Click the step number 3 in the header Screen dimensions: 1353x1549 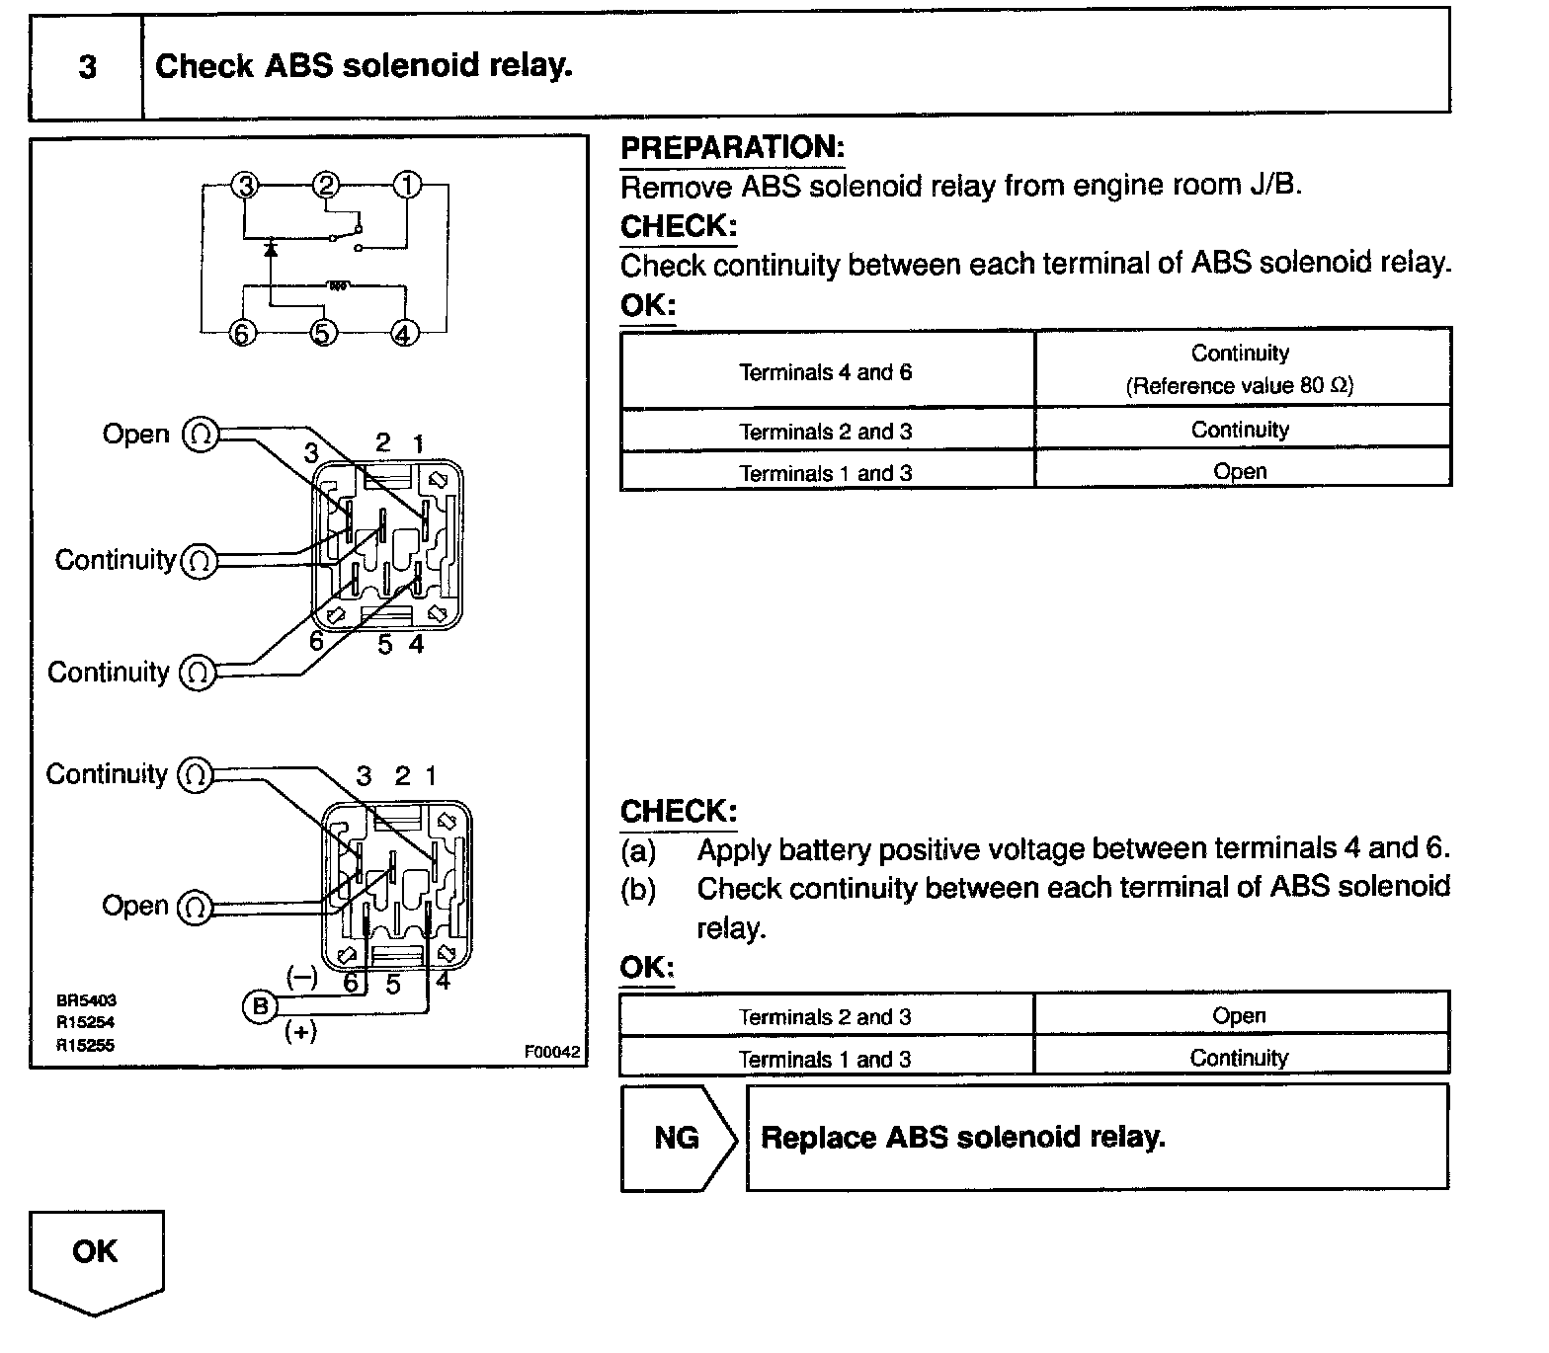87,67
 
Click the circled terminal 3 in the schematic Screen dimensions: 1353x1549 245,185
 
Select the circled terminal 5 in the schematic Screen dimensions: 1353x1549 324,334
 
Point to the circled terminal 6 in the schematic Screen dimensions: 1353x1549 241,334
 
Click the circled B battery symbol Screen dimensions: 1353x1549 259,1006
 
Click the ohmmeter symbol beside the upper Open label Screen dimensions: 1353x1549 200,434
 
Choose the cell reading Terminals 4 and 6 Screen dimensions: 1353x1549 826,372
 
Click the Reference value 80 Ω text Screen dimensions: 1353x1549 1239,386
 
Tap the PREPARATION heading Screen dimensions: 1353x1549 732,148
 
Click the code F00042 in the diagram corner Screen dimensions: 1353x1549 551,1052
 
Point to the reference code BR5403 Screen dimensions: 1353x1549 86,1000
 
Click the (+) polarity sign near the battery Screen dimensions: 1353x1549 300,1032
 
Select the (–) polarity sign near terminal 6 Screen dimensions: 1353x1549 301,978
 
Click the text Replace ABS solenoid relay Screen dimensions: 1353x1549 963,1138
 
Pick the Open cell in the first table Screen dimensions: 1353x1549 1240,472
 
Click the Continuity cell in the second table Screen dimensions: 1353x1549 1239,1059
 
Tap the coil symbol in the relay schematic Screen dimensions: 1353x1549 338,286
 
